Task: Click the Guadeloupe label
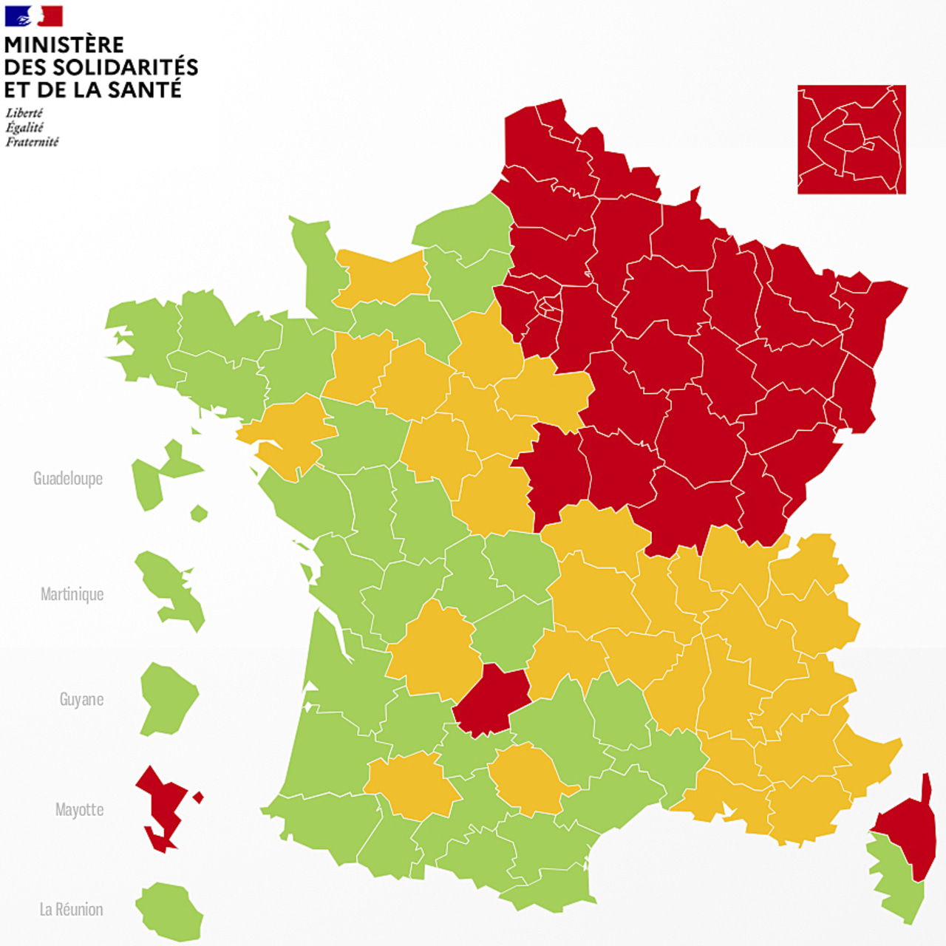pos(68,479)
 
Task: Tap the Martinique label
pos(72,594)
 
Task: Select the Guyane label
pos(81,699)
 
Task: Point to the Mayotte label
pos(79,809)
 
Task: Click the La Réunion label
pos(71,909)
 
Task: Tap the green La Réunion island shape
pos(169,911)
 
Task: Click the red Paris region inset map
pos(851,139)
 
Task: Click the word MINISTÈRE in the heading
pos(64,44)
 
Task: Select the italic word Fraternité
pos(32,142)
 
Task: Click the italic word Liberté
pos(24,113)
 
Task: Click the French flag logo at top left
pos(34,16)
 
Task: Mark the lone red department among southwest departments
pos(490,698)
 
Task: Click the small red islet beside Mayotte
pos(197,797)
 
